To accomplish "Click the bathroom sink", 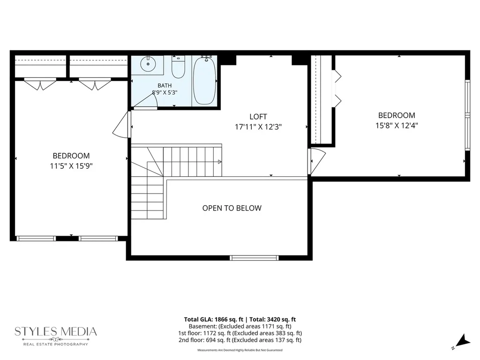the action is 148,64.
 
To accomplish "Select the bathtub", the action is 204,81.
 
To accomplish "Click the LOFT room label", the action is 258,117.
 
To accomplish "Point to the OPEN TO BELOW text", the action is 232,208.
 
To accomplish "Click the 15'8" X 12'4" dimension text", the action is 397,126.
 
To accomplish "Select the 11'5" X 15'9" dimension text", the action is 71,166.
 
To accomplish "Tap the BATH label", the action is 165,85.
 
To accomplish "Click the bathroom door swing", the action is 146,100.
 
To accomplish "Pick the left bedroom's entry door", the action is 122,125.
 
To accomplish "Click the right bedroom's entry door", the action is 317,161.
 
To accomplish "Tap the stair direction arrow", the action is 219,162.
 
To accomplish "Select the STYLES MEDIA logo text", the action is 56,331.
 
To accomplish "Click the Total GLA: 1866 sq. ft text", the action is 213,319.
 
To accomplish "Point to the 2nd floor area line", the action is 240,340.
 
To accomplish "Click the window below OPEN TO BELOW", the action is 254,258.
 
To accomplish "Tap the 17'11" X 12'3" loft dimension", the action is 258,127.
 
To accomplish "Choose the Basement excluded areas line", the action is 240,326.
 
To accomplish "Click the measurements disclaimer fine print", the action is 240,350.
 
